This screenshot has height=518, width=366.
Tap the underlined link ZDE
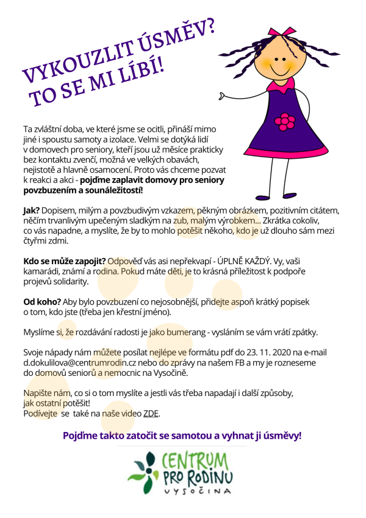pos(151,414)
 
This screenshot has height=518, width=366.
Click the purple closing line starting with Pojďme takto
pos(182,436)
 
